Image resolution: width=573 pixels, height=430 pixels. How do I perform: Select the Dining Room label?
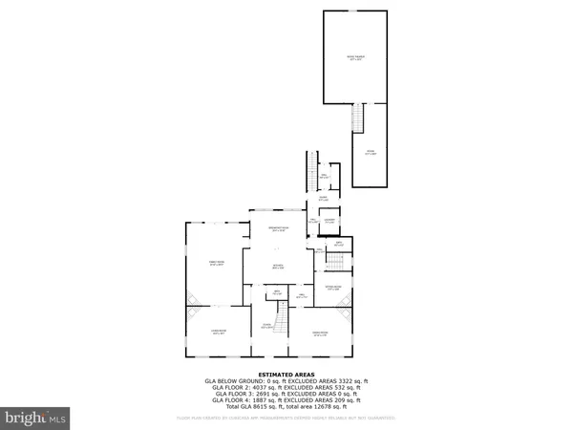pyautogui.click(x=321, y=333)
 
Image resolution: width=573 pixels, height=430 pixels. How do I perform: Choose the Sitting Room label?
pyautogui.click(x=332, y=288)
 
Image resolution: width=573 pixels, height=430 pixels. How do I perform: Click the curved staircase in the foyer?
pyautogui.click(x=282, y=315)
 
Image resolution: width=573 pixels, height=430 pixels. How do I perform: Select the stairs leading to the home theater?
pyautogui.click(x=360, y=118)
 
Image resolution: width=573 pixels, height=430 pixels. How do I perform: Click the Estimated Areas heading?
pyautogui.click(x=286, y=374)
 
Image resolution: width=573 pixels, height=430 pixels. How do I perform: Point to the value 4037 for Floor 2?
pyautogui.click(x=255, y=386)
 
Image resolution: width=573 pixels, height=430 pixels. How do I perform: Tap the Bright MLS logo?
pyautogui.click(x=35, y=418)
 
